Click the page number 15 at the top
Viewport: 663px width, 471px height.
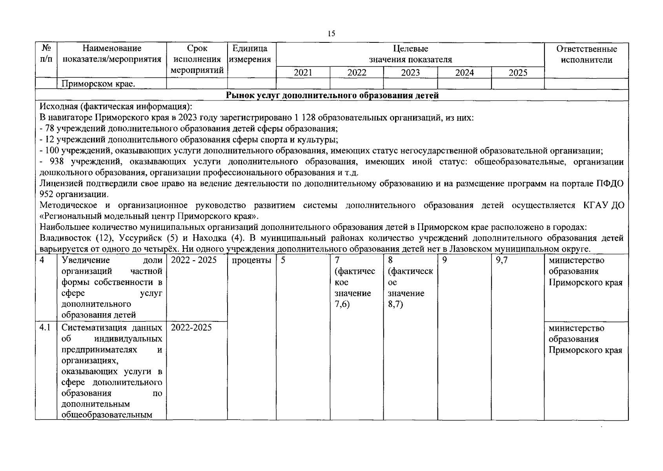[x=331, y=34]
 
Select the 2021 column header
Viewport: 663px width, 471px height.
[x=303, y=73]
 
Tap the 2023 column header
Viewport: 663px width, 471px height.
[x=410, y=73]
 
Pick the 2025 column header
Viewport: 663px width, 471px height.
[x=518, y=73]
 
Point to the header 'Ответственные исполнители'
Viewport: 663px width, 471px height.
[x=586, y=54]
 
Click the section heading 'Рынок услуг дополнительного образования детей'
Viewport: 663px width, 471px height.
[x=332, y=95]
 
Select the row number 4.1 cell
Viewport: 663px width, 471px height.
[x=46, y=328]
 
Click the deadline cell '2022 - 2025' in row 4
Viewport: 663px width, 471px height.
[x=194, y=260]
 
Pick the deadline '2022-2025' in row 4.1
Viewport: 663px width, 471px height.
[x=191, y=328]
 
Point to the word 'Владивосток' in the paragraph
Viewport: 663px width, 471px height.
[x=66, y=238]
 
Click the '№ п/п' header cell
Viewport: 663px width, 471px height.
[x=46, y=54]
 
